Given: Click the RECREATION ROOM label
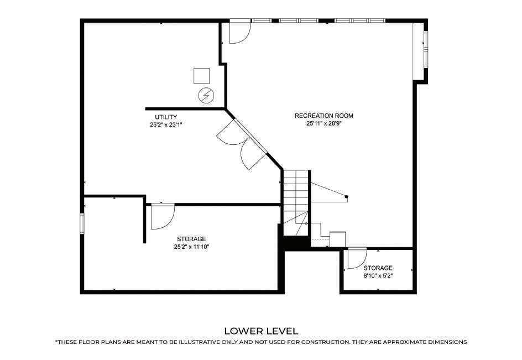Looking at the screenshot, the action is pos(324,116).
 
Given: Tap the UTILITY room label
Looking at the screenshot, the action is pos(166,117).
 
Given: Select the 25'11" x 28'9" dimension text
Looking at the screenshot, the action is pos(324,123).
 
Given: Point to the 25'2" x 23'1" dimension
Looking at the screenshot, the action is pos(166,125).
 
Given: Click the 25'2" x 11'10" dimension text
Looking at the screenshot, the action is pos(191,247).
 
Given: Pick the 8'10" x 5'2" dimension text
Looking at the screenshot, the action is pos(378,276).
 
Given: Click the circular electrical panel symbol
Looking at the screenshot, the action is pos(206,96).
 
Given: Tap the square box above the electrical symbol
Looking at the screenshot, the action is pos(202,76).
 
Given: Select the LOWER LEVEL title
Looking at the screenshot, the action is pos(261,331).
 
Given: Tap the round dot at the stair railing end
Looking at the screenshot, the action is pos(346,197).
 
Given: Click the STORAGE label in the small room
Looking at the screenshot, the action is pos(378,268).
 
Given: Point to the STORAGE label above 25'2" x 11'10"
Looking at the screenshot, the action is pos(191,239).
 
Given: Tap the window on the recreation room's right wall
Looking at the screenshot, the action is pos(425,49).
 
